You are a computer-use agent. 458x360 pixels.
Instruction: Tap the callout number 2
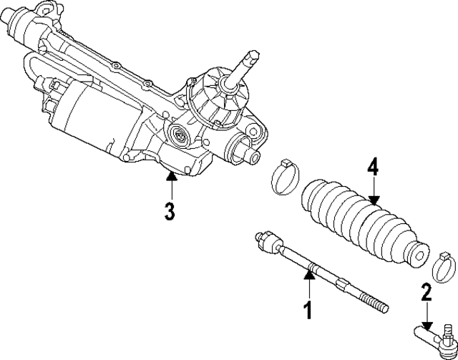pyautogui.click(x=427, y=291)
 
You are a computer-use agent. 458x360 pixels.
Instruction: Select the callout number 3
pyautogui.click(x=170, y=212)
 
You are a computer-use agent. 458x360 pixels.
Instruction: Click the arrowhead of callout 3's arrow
pyautogui.click(x=171, y=174)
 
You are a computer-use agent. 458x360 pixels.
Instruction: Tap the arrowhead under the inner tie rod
pyautogui.click(x=309, y=271)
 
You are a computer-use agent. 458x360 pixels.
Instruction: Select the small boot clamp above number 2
pyautogui.click(x=444, y=266)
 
